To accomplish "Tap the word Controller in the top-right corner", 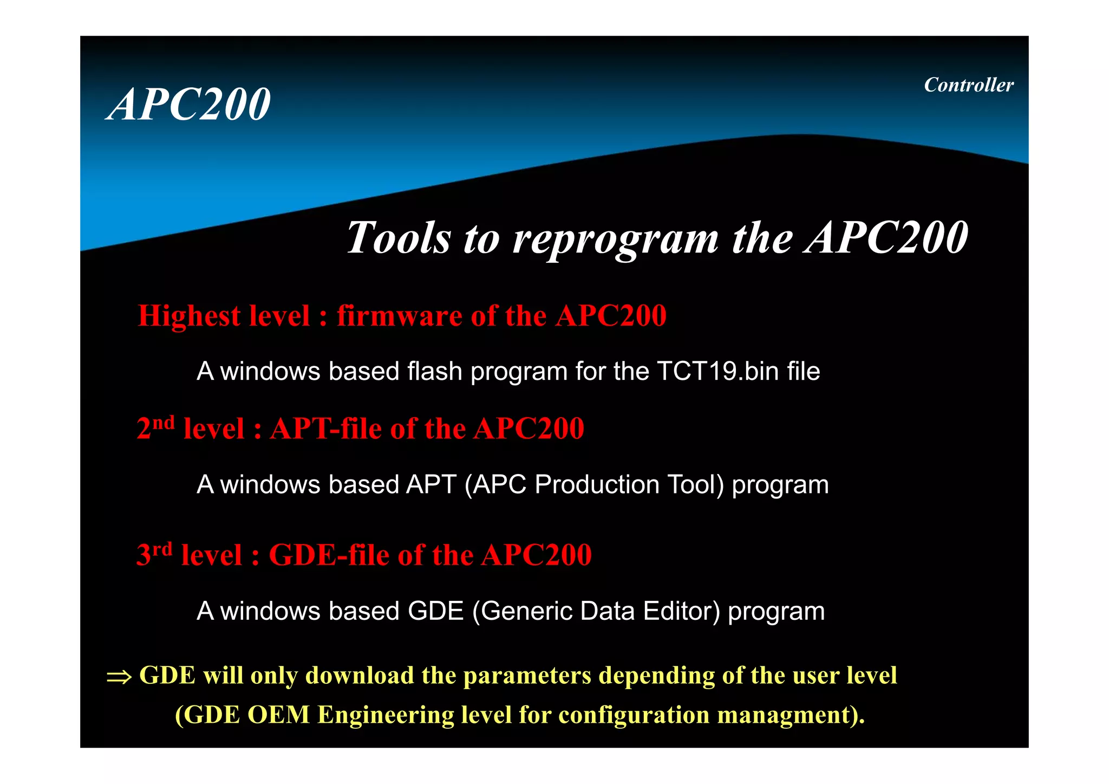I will point(968,85).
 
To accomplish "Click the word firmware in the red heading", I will point(399,315).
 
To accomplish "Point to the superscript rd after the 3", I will point(162,549).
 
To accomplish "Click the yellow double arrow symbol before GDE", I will point(119,677).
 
